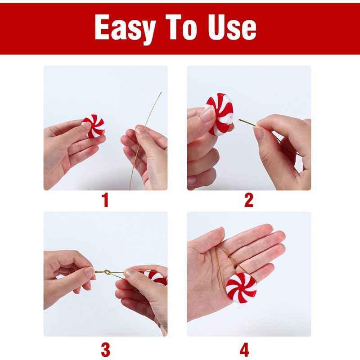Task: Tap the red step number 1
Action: (105, 200)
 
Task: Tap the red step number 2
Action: (249, 200)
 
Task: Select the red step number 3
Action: (105, 349)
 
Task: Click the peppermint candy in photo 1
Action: (94, 126)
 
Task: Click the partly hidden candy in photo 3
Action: (157, 277)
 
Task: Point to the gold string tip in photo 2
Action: (240, 120)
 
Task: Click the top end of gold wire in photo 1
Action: (160, 93)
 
